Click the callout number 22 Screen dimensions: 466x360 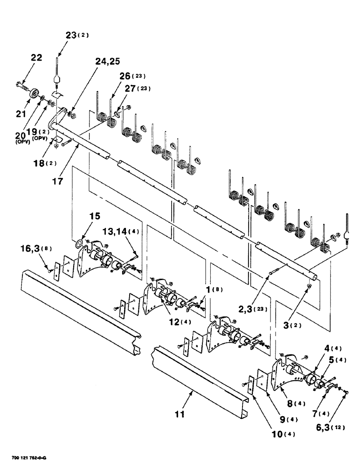pyautogui.click(x=36, y=58)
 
